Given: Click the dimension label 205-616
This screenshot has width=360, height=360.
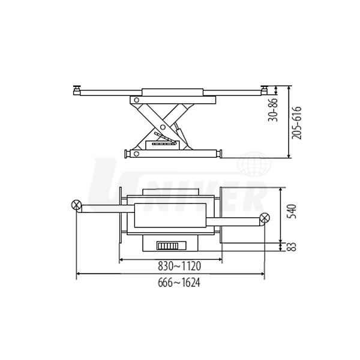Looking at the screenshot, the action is tap(296, 123).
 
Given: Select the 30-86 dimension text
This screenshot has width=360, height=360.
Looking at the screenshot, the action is tap(273, 110).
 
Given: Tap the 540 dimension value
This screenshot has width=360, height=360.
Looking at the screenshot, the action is tap(292, 211).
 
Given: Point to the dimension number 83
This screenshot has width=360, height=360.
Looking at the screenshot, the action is tap(292, 247).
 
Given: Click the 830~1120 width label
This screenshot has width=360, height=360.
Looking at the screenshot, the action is tap(179, 266).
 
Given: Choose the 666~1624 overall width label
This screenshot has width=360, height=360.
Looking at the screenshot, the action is tap(179, 283).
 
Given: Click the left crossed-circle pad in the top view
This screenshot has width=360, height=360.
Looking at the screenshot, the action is tap(76, 205).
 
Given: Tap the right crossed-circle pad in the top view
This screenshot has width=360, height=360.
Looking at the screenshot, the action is tap(265, 217).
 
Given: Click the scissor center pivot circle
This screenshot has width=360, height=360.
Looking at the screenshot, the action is tap(163, 127).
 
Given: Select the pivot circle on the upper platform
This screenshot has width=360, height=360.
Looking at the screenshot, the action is tap(136, 100).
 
